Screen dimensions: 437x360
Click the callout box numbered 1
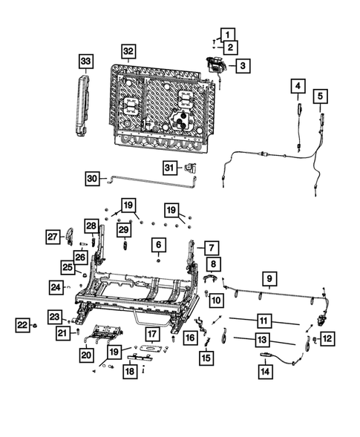[x=227, y=33]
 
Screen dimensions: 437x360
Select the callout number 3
[x=243, y=66]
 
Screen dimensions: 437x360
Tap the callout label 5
[x=320, y=96]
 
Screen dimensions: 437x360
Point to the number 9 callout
[x=269, y=279]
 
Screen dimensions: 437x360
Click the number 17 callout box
[x=151, y=334]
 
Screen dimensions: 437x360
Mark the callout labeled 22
[x=22, y=324]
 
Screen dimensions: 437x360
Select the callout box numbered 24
[x=56, y=285]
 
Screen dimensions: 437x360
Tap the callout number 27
[x=53, y=236]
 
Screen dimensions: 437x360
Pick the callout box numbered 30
[x=92, y=178]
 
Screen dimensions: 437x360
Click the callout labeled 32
[x=129, y=51]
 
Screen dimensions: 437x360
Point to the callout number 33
[x=86, y=60]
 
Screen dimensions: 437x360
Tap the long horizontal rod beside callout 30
[x=148, y=178]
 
